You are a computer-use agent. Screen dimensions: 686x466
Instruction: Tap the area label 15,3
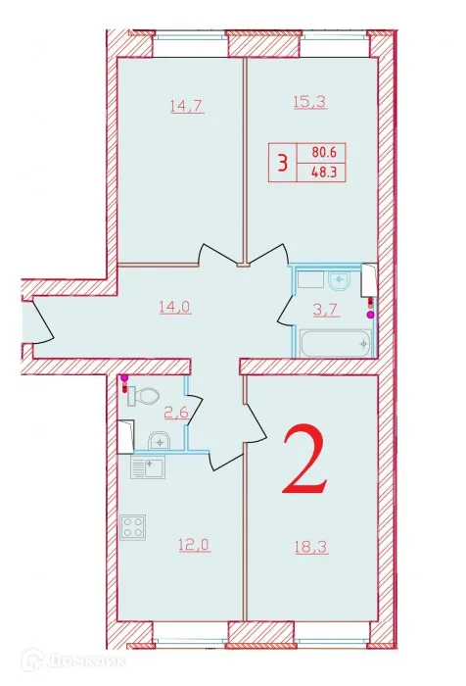coord(308,99)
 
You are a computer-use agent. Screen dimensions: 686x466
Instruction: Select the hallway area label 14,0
coord(174,306)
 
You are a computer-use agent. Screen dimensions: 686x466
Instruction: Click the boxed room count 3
coord(283,162)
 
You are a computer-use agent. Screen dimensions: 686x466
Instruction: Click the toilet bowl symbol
coord(145,394)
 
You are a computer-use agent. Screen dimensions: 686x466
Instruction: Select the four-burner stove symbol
coord(132,529)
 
